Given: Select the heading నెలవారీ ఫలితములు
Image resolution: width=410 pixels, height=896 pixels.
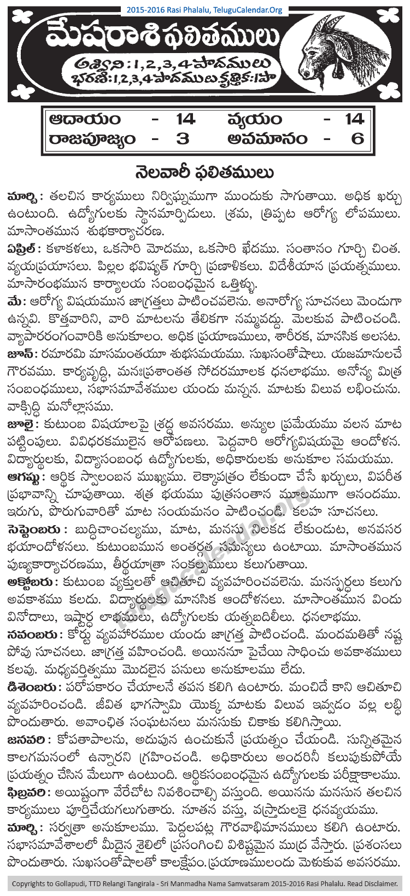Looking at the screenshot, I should click(204, 173).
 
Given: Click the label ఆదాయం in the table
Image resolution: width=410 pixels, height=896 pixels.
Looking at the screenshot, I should click(84, 119).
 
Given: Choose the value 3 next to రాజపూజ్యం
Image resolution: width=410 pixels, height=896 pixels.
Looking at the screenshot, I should click(182, 138).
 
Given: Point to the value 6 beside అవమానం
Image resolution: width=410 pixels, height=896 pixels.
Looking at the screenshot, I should click(358, 138).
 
